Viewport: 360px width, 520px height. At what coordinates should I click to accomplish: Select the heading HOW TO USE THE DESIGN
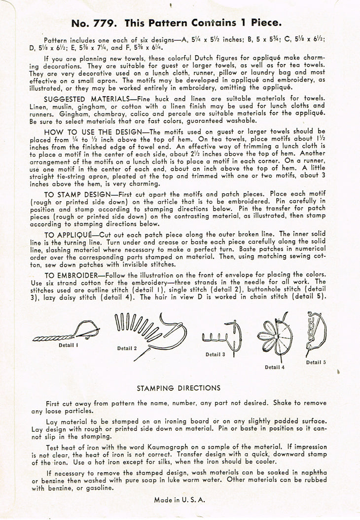coord(94,132)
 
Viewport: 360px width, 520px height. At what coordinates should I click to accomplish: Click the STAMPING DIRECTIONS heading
coord(179,388)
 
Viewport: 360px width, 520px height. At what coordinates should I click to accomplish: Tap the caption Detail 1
coord(69,345)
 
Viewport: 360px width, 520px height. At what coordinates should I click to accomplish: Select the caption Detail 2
coord(128,349)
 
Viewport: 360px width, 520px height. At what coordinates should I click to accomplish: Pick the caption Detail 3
coord(216,354)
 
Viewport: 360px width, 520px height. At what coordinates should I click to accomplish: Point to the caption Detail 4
coord(275,367)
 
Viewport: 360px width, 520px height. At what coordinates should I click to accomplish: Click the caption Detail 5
coord(316,362)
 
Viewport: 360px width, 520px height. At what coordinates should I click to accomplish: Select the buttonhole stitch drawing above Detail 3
coord(222,336)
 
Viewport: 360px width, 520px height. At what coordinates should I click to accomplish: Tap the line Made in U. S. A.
coord(180,500)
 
